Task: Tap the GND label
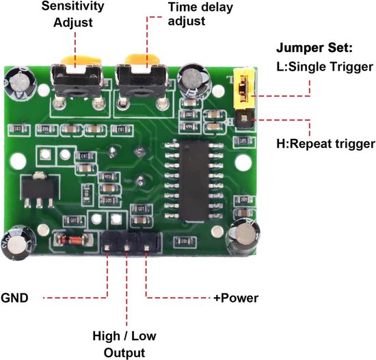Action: [x=16, y=298]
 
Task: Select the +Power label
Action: [x=235, y=298]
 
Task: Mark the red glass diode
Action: [x=69, y=240]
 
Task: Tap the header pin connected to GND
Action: [x=109, y=244]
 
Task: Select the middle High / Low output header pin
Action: [x=127, y=244]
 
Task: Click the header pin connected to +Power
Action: [x=145, y=244]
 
